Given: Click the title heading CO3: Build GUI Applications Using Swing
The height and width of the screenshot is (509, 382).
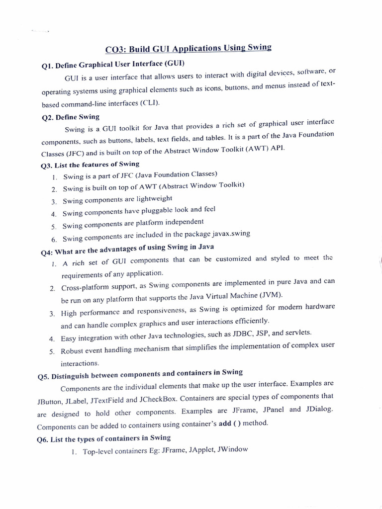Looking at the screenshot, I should [189, 48].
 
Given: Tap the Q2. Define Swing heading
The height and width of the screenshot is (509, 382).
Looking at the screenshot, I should [70, 117].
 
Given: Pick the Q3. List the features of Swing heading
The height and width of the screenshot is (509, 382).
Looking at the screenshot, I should [90, 165].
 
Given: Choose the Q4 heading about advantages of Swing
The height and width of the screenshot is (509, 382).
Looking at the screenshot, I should [127, 248].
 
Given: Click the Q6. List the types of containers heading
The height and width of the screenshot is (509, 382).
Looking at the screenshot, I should [104, 438].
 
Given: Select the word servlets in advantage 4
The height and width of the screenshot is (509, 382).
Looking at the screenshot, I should [297, 332].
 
